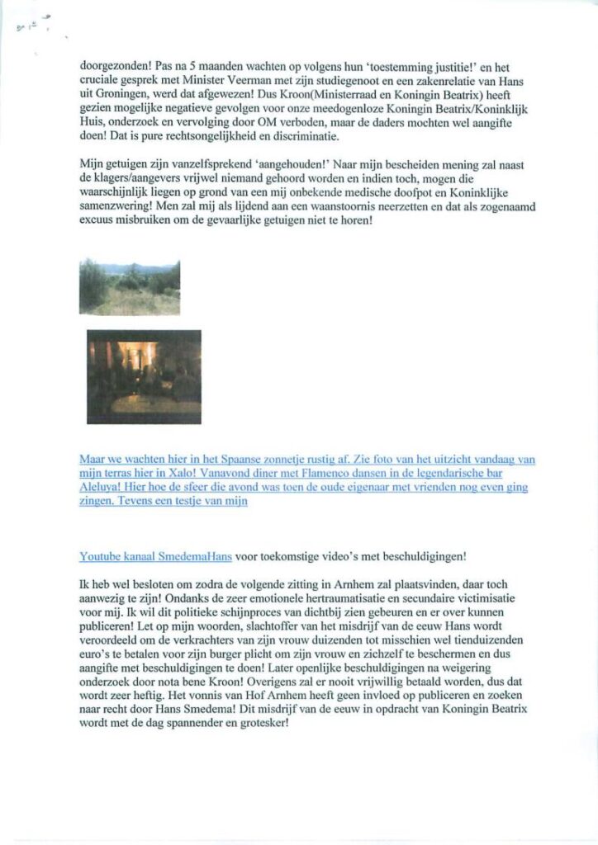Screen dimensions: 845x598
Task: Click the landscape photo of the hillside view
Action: click(x=130, y=286)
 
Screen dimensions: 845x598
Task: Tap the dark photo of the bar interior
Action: click(x=144, y=376)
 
